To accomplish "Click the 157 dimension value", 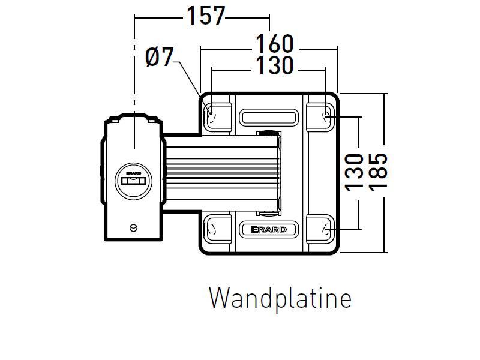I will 205,16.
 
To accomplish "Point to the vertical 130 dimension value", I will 355,172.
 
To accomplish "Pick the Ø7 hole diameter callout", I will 159,58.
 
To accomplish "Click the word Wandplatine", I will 280,298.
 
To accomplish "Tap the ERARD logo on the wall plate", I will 269,229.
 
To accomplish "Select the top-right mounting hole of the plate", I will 325,113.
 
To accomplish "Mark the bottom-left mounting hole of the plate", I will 211,229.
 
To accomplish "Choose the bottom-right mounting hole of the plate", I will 325,229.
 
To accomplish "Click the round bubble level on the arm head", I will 133,179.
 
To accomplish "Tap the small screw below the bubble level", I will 133,227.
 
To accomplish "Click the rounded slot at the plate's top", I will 269,116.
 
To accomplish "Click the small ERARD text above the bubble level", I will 133,172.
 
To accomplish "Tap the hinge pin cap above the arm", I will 268,132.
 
